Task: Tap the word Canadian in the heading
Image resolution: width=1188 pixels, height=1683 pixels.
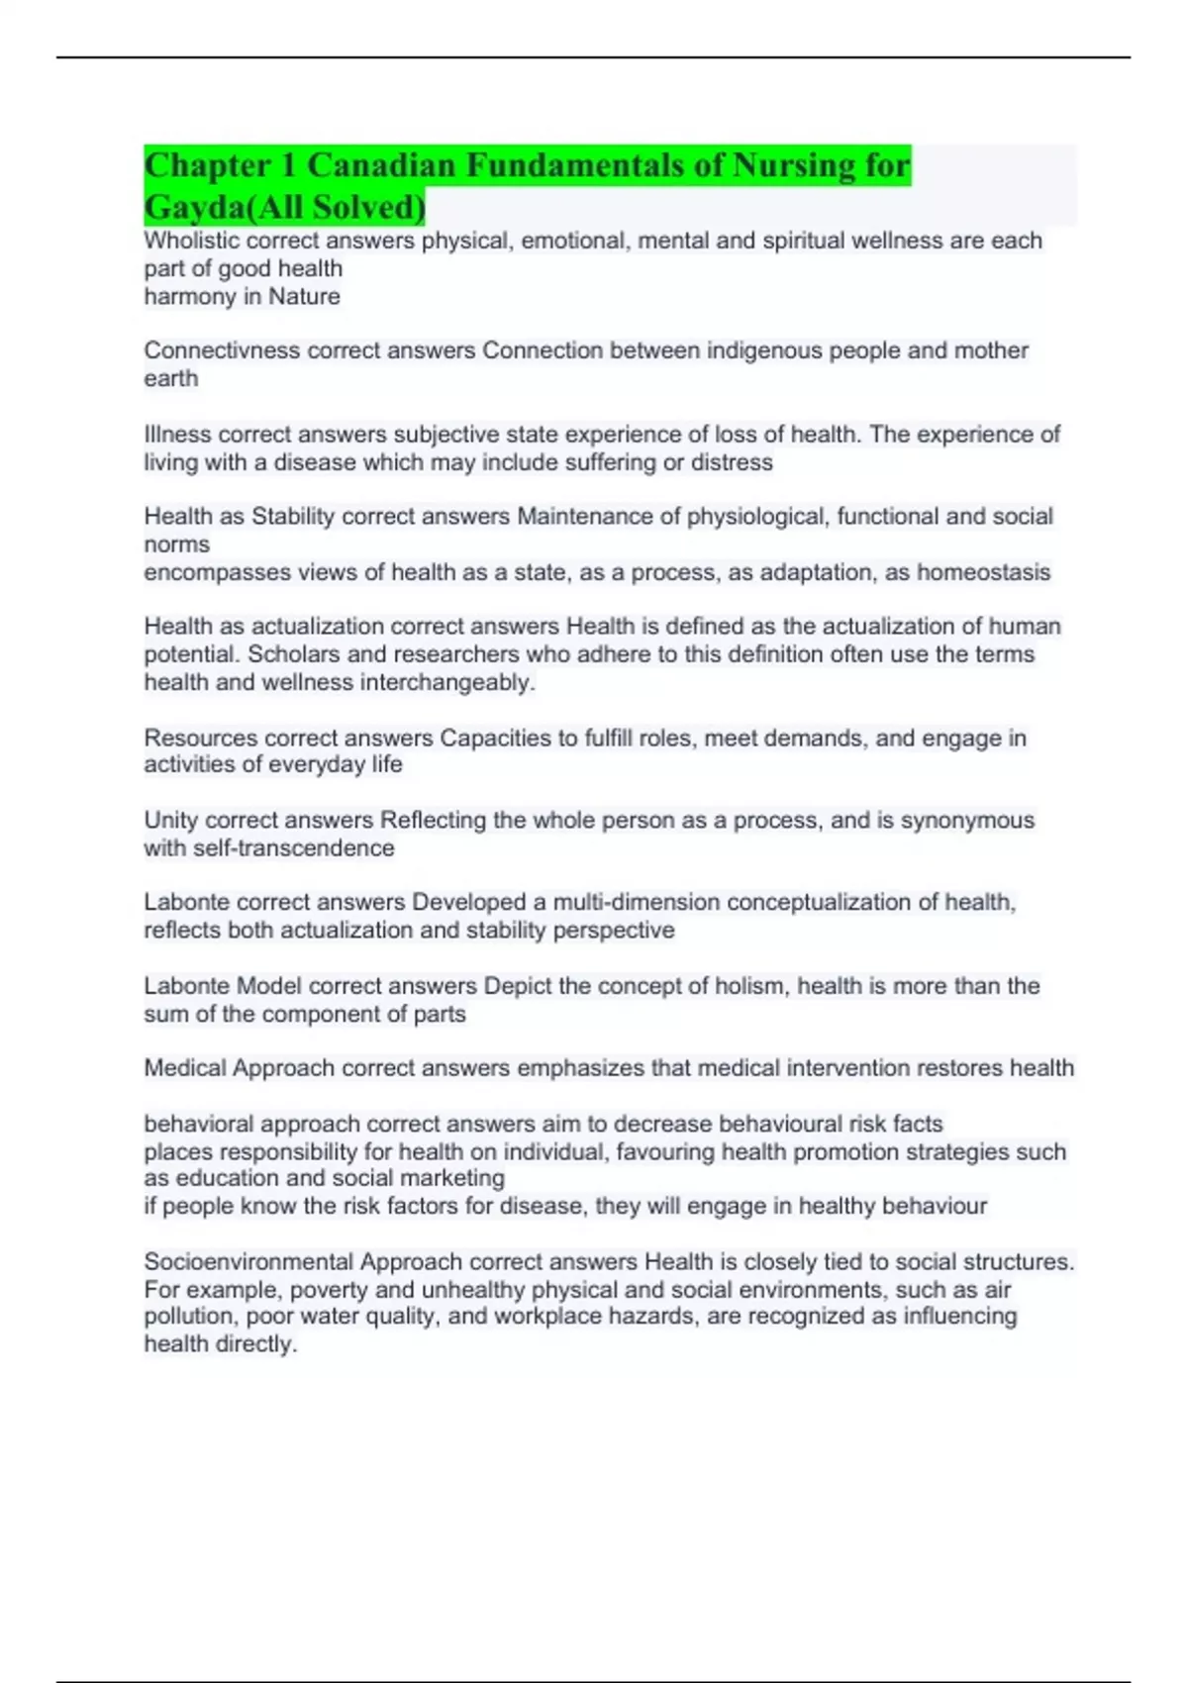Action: pyautogui.click(x=380, y=165)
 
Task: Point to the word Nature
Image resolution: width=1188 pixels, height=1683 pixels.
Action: pyautogui.click(x=304, y=296)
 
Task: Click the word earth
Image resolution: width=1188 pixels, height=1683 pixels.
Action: pyautogui.click(x=170, y=378)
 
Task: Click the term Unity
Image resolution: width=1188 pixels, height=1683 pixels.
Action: pyautogui.click(x=170, y=820)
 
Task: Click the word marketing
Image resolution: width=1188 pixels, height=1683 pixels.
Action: pyautogui.click(x=456, y=1178)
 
